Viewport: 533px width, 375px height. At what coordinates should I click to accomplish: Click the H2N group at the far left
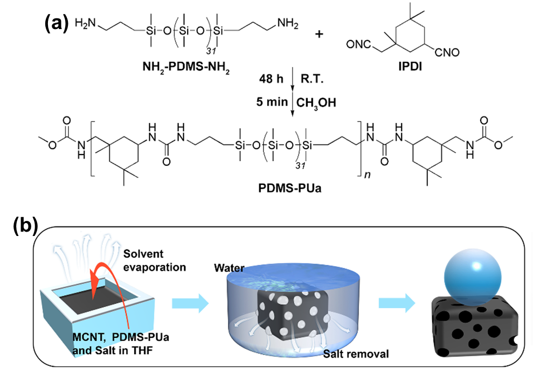(87, 23)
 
